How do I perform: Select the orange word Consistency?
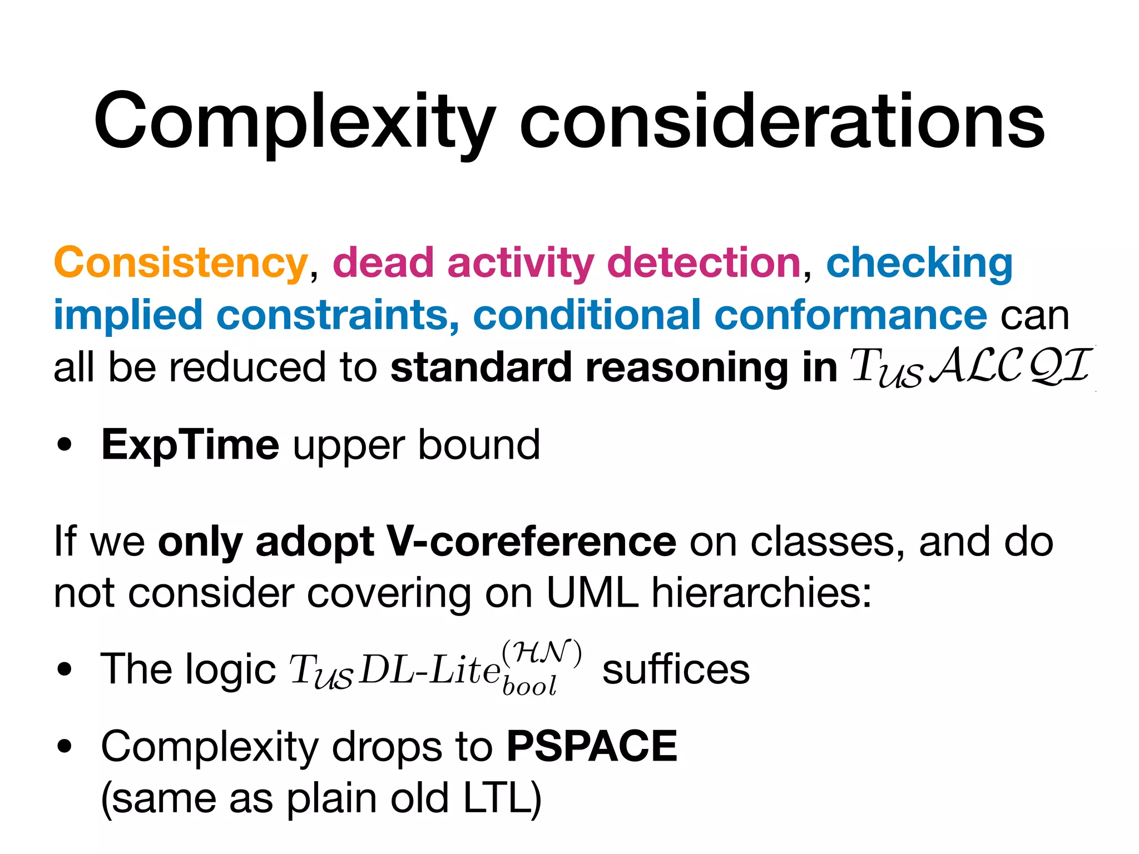(181, 263)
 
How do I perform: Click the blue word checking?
(919, 263)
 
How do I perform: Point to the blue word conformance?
(851, 315)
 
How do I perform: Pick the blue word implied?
(127, 315)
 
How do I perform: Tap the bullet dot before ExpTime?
(65, 446)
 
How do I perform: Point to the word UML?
(592, 593)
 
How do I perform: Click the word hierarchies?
(761, 593)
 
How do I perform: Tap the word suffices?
(676, 669)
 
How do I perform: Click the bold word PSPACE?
(592, 746)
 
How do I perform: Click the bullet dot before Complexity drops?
(65, 747)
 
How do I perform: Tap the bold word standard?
(481, 368)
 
